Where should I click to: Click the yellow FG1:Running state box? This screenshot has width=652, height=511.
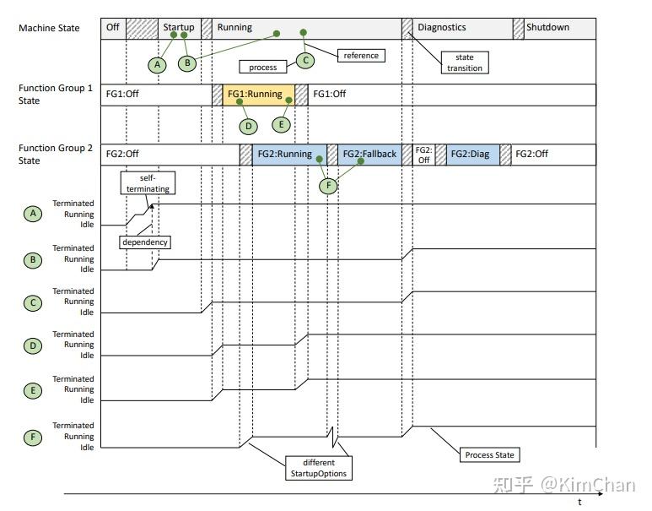pyautogui.click(x=259, y=94)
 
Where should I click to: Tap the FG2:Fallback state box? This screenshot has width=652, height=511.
pyautogui.click(x=369, y=155)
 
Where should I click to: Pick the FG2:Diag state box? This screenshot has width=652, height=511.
pyautogui.click(x=470, y=155)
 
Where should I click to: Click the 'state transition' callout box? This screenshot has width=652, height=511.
pyautogui.click(x=465, y=63)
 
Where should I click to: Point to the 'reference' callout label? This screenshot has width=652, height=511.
pyautogui.click(x=361, y=56)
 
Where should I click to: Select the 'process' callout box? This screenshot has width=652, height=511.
pyautogui.click(x=263, y=67)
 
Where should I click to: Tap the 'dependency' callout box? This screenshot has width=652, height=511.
pyautogui.click(x=145, y=242)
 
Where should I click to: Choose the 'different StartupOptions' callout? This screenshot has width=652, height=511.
pyautogui.click(x=318, y=468)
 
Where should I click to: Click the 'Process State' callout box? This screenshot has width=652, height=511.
pyautogui.click(x=489, y=455)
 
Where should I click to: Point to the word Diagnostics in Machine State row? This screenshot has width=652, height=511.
pyautogui.click(x=441, y=28)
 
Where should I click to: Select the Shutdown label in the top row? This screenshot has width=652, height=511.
pyautogui.click(x=547, y=28)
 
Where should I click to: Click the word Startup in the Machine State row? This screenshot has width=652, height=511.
pyautogui.click(x=178, y=28)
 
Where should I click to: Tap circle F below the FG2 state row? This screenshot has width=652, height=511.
pyautogui.click(x=327, y=186)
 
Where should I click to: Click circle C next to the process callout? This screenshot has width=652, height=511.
pyautogui.click(x=305, y=61)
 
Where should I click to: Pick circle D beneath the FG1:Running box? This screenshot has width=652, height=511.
pyautogui.click(x=248, y=127)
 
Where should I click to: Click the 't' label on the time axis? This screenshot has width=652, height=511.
pyautogui.click(x=579, y=502)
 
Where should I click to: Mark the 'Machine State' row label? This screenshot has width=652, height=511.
pyautogui.click(x=49, y=28)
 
